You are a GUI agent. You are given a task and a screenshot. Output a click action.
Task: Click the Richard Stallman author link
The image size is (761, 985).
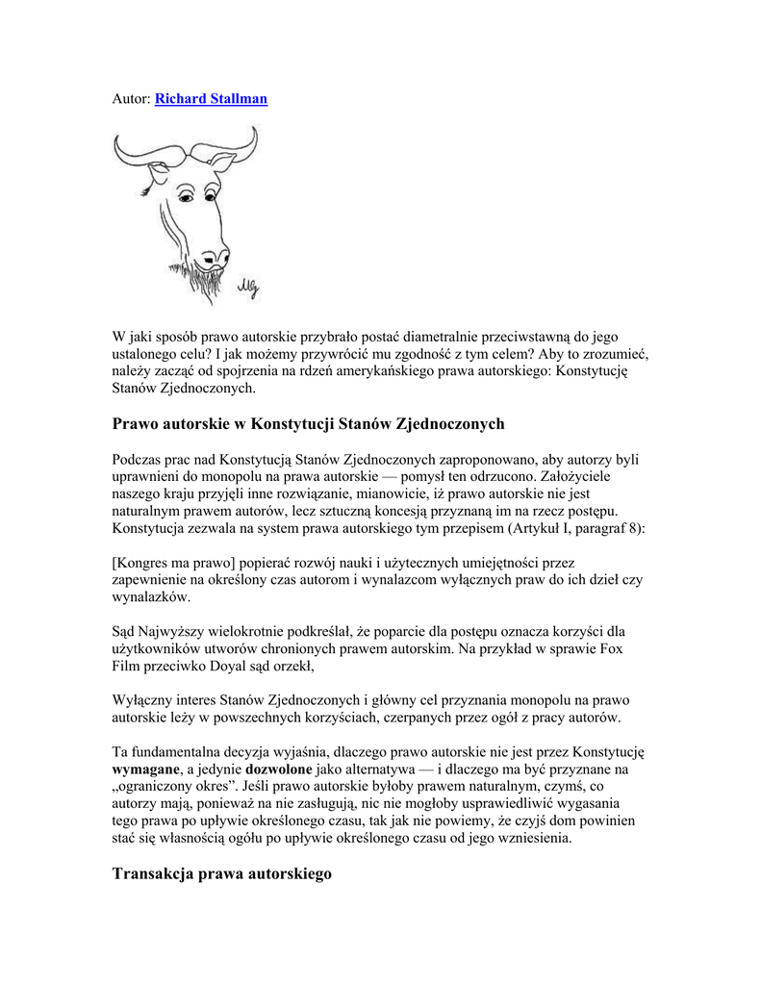(x=211, y=98)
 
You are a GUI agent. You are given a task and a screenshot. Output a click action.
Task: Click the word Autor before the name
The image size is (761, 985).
(x=131, y=98)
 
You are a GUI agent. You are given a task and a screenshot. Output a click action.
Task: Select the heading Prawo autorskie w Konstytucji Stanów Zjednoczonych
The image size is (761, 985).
(x=308, y=423)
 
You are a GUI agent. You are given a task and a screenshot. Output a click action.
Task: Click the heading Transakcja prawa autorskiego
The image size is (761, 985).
(x=221, y=873)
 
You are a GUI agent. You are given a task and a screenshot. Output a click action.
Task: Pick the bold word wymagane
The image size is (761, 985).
(x=145, y=770)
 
